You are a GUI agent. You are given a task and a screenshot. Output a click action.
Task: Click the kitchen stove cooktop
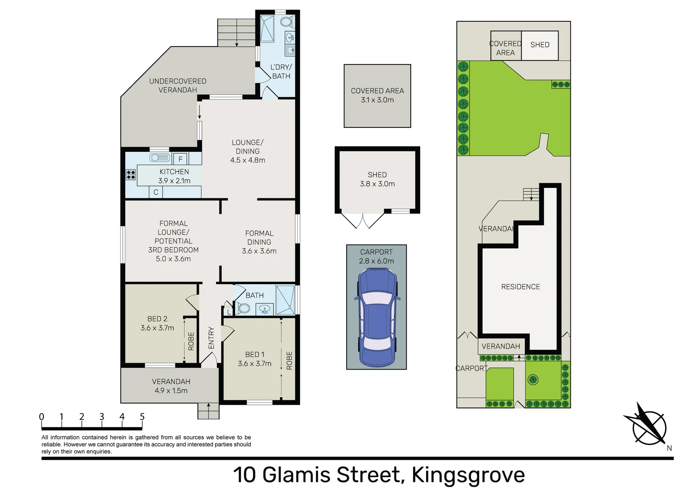[x=131, y=174]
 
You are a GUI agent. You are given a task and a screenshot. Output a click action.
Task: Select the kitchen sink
[x=160, y=158]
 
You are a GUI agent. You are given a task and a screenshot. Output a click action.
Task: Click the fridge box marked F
[x=180, y=159]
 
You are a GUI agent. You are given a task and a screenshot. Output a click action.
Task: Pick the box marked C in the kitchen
[x=155, y=192]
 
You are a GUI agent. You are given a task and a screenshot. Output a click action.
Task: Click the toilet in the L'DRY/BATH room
[x=287, y=22]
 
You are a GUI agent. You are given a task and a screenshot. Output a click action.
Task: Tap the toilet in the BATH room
[x=244, y=309]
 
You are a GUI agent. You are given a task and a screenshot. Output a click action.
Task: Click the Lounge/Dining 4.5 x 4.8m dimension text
[x=248, y=160]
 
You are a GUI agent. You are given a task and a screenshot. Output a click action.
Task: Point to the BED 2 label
[x=157, y=319]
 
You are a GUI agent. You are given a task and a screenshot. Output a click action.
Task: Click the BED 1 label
[x=255, y=355]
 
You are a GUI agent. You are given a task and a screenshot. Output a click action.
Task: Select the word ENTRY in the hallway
[x=211, y=338]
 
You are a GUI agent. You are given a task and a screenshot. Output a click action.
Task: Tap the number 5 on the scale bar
[x=142, y=417]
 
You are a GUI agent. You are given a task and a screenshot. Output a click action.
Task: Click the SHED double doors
[x=362, y=221]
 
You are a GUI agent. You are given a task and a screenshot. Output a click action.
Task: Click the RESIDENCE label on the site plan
[x=520, y=287]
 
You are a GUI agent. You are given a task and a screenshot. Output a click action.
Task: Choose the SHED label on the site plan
[x=540, y=45]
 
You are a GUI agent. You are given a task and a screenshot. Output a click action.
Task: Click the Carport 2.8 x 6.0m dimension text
[x=376, y=261]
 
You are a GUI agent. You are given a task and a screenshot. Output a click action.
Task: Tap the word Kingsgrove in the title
[x=468, y=475]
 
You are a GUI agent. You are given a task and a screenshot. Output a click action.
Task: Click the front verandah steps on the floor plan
[x=208, y=411]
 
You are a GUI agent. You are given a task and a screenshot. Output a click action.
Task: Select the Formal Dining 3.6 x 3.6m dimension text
[x=259, y=251]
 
